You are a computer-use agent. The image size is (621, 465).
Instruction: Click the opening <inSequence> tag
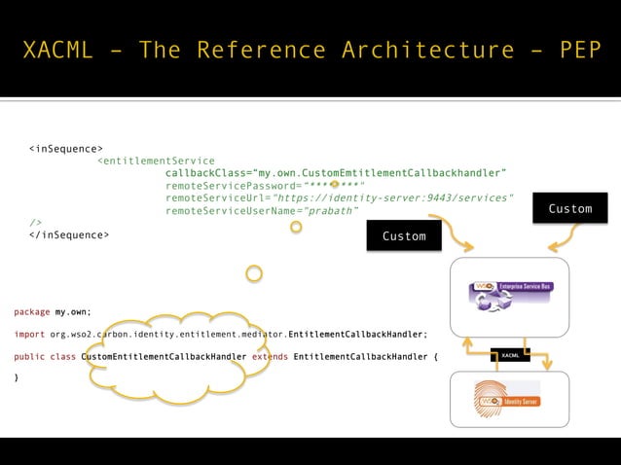coord(66,149)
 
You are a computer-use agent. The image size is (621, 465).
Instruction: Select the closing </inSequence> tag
coord(69,234)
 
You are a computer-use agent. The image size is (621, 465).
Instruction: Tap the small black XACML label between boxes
coord(509,356)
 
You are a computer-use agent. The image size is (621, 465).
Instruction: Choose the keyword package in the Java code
coord(32,311)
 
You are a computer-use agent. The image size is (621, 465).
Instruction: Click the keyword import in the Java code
coord(29,334)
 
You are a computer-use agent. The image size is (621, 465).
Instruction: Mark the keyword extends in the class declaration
coord(270,357)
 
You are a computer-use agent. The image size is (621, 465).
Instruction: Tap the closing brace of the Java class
coord(17,377)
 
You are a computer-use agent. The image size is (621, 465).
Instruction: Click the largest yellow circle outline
coord(254,273)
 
